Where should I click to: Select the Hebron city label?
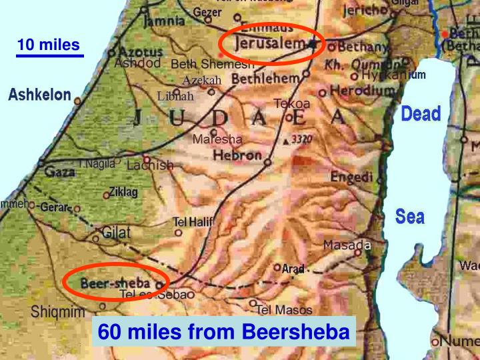[237, 155]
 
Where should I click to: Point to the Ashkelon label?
[39, 95]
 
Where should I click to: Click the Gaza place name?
[59, 172]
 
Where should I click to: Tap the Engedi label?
[351, 177]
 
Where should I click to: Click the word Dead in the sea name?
[421, 114]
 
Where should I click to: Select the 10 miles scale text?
[48, 45]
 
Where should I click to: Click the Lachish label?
[150, 165]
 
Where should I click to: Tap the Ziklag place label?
[123, 192]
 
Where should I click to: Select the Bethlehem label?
[265, 79]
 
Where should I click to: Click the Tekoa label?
[292, 103]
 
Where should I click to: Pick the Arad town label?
[293, 269]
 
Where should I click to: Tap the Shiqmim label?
[58, 312]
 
